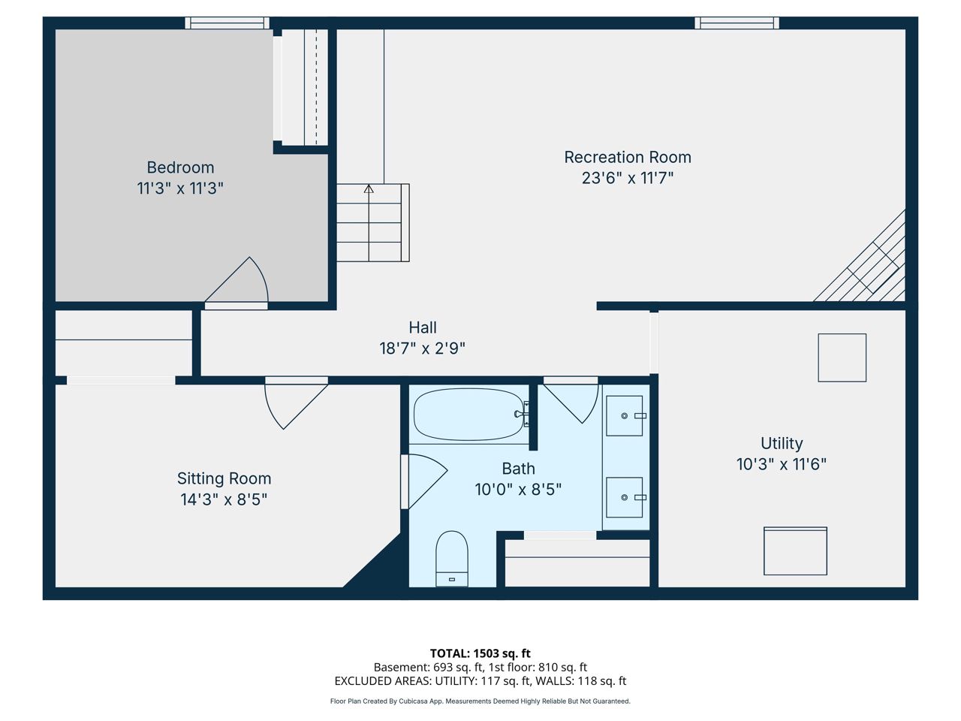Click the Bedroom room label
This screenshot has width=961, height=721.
pos(180,167)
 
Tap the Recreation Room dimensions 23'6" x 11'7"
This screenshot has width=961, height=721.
pos(628,178)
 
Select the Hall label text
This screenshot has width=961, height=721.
pos(423,327)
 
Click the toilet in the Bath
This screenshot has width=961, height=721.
pos(452,559)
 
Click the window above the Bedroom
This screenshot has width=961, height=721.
pos(227,23)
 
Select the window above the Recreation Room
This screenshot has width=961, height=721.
pos(737,23)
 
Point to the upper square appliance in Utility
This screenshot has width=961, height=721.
pos(842,357)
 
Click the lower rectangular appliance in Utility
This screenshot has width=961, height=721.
pos(795,551)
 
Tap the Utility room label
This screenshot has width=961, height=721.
pos(782,443)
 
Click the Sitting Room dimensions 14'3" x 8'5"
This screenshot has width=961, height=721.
pos(224,499)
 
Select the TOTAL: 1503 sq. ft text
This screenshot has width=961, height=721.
pos(480,653)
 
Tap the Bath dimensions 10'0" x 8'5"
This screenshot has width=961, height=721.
pos(518,490)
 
